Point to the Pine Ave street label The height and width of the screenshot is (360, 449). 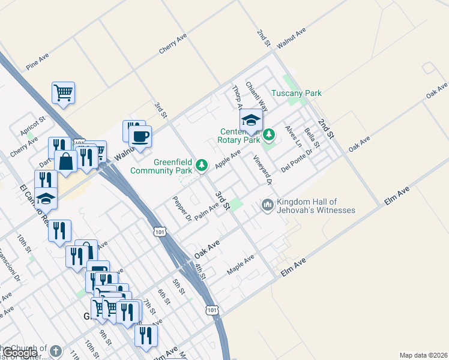[37, 61]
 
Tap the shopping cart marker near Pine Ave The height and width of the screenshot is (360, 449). [63, 93]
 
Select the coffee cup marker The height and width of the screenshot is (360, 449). [140, 136]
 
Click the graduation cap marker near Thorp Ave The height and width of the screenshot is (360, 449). [251, 119]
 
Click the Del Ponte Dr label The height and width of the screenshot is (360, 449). [297, 160]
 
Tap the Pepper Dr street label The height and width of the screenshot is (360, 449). [181, 208]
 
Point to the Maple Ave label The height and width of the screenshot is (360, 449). [241, 265]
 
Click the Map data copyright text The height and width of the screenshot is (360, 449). [423, 355]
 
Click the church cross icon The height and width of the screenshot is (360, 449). [55, 351]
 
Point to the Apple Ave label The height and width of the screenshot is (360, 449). [228, 160]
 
